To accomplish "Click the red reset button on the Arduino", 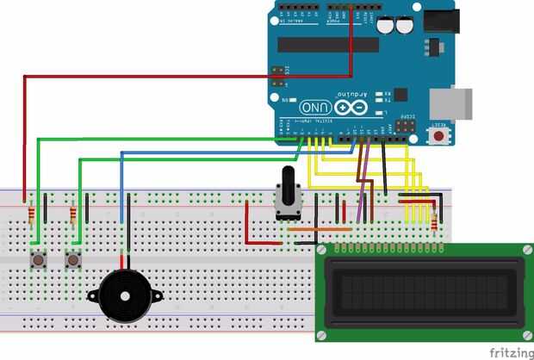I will (440, 135).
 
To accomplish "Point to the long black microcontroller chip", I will (328, 45).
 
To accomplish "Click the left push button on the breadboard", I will (38, 258).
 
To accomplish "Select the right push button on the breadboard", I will (73, 258).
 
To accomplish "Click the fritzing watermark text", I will (509, 352).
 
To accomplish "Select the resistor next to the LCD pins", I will (434, 222).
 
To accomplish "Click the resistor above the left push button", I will (33, 214).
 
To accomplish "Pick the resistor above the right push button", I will (73, 214).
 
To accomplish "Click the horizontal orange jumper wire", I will (319, 230).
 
